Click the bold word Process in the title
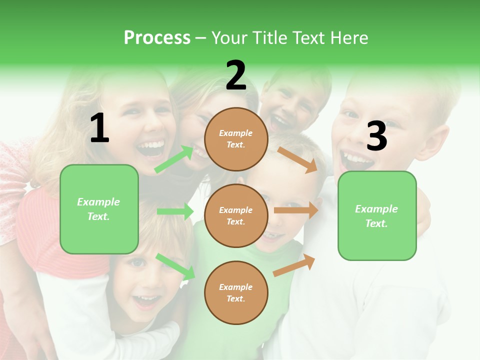(x=157, y=38)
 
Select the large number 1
(x=99, y=128)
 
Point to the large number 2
(x=236, y=76)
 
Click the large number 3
(x=376, y=136)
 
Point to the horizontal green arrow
(x=175, y=211)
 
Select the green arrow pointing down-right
(x=175, y=266)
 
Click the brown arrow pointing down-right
(x=298, y=160)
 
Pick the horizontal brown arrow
(x=296, y=210)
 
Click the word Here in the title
(x=349, y=38)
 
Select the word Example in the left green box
(x=98, y=202)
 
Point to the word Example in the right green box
(x=376, y=209)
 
